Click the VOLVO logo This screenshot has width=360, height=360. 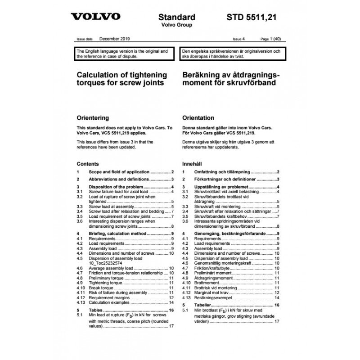(x=95, y=17)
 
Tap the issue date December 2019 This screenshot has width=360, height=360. (x=115, y=40)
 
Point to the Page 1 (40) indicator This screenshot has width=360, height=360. (x=272, y=40)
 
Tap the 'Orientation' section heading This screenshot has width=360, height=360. (x=198, y=118)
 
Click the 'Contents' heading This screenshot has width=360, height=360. (x=88, y=164)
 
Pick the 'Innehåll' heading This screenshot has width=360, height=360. (x=193, y=164)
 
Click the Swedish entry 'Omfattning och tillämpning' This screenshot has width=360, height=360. (x=221, y=172)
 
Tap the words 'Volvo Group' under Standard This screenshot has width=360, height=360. (x=177, y=25)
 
